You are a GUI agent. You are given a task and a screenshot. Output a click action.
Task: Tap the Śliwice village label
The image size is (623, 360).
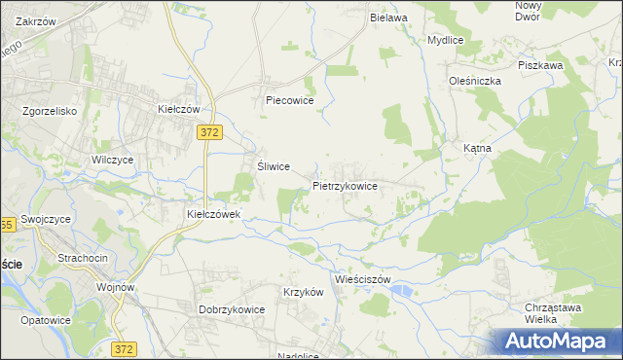pos(274,166)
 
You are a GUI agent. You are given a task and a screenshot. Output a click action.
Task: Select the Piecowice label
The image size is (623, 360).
pos(288,99)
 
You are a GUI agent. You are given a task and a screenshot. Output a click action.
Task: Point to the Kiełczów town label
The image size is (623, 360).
pos(179,110)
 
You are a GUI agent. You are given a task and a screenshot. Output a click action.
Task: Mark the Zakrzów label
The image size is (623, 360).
pos(36,20)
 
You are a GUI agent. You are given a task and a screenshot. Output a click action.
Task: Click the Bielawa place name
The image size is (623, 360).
pos(387,18)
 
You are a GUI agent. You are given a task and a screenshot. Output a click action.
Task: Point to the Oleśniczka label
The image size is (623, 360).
pos(474,81)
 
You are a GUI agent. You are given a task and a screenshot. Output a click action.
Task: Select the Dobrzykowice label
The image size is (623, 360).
pos(233,309)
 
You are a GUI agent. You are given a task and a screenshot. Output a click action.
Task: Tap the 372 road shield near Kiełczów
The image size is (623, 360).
pos(207,131)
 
